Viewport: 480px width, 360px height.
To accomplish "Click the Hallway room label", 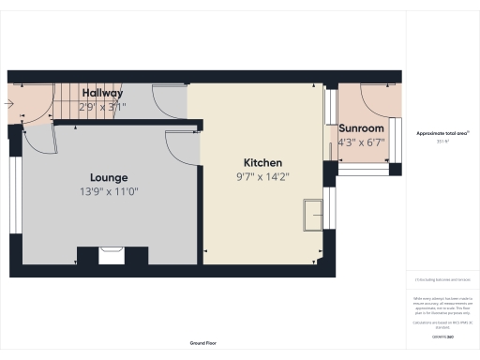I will [x=101, y=93].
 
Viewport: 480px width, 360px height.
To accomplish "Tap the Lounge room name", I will [x=109, y=177].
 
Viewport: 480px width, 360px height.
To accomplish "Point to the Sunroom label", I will [x=361, y=128].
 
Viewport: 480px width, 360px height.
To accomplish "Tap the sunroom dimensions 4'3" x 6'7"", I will [x=361, y=142].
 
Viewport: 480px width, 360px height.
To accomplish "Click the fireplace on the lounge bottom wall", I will [x=111, y=254].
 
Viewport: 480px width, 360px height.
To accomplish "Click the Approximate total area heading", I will [x=442, y=133].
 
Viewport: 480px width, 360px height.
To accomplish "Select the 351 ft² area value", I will [x=442, y=142].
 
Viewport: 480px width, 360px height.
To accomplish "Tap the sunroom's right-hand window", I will [x=395, y=139].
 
